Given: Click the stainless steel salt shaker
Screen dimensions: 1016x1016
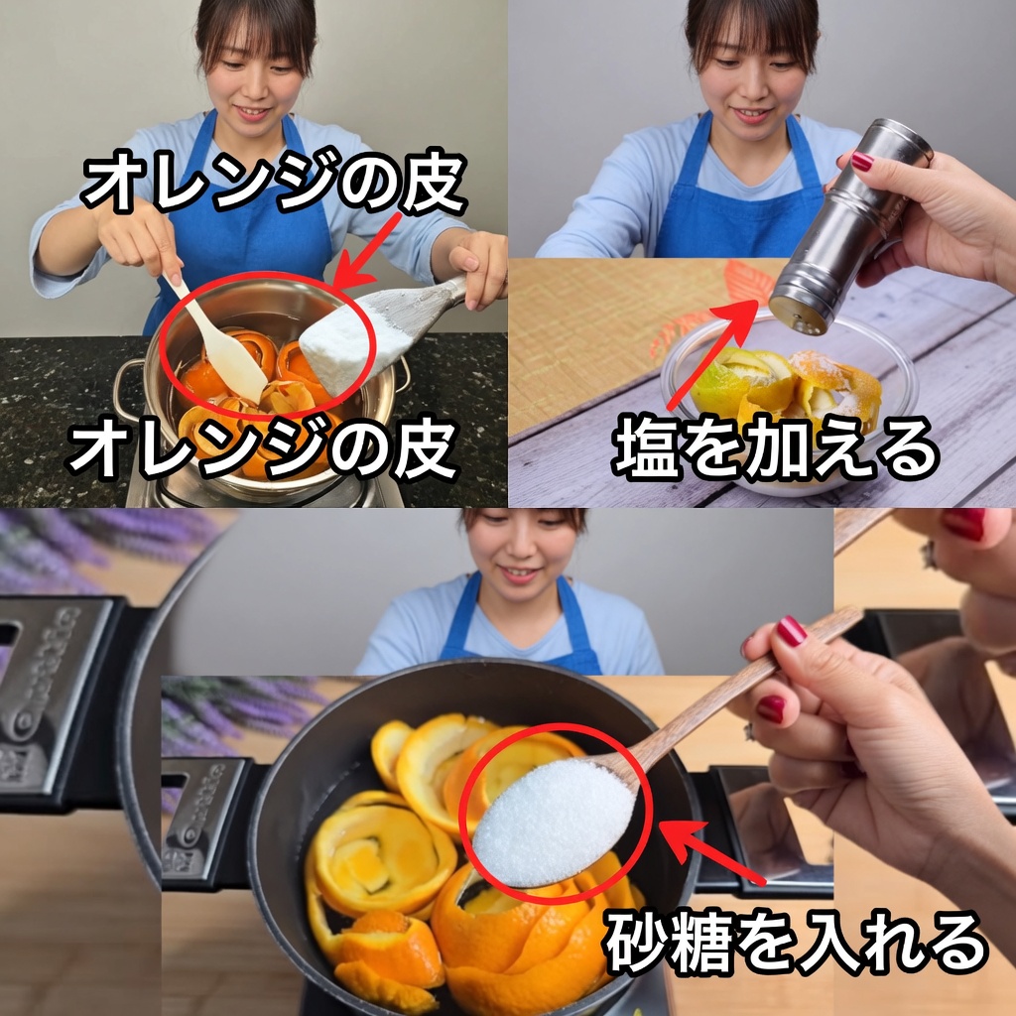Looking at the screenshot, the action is click(x=850, y=227).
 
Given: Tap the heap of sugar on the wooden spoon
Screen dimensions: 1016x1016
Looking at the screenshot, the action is click(x=553, y=822).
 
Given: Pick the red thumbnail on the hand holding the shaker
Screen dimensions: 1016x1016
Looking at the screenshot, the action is click(x=862, y=161).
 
